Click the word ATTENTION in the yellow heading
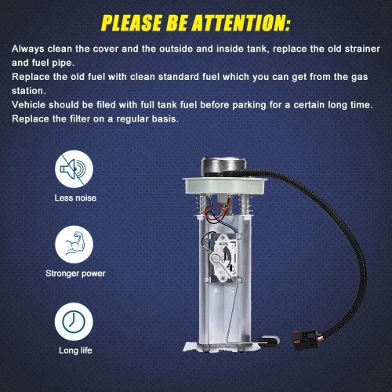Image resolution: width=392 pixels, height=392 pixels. point(241,23)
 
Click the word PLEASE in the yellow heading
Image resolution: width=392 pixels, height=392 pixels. point(132,23)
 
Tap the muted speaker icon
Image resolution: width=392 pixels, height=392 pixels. point(74,169)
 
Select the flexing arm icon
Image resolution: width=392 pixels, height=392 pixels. point(74,245)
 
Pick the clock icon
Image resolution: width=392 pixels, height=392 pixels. point(74,321)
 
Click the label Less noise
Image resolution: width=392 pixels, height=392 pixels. point(75,198)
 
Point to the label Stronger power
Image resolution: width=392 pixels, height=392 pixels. point(75,274)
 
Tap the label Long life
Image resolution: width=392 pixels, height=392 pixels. point(75,350)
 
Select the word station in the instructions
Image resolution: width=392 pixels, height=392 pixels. point(29,91)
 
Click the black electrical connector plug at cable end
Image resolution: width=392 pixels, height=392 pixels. point(306,340)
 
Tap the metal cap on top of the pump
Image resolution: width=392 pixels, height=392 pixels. point(223,166)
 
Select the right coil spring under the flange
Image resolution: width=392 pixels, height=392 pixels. point(245,205)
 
